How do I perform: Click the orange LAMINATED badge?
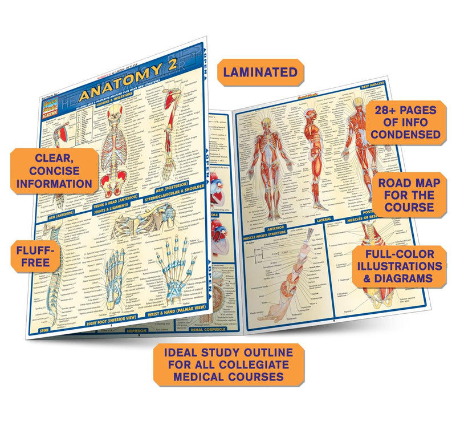pyautogui.click(x=260, y=72)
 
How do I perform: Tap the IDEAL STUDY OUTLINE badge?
pyautogui.click(x=229, y=365)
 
